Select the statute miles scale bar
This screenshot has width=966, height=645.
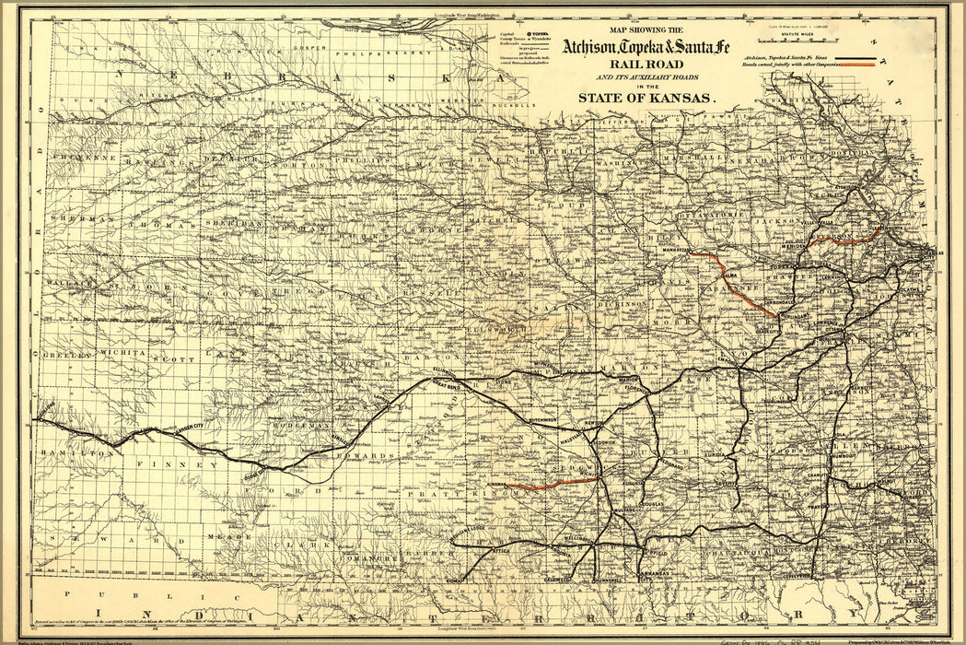[x=804, y=41]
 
